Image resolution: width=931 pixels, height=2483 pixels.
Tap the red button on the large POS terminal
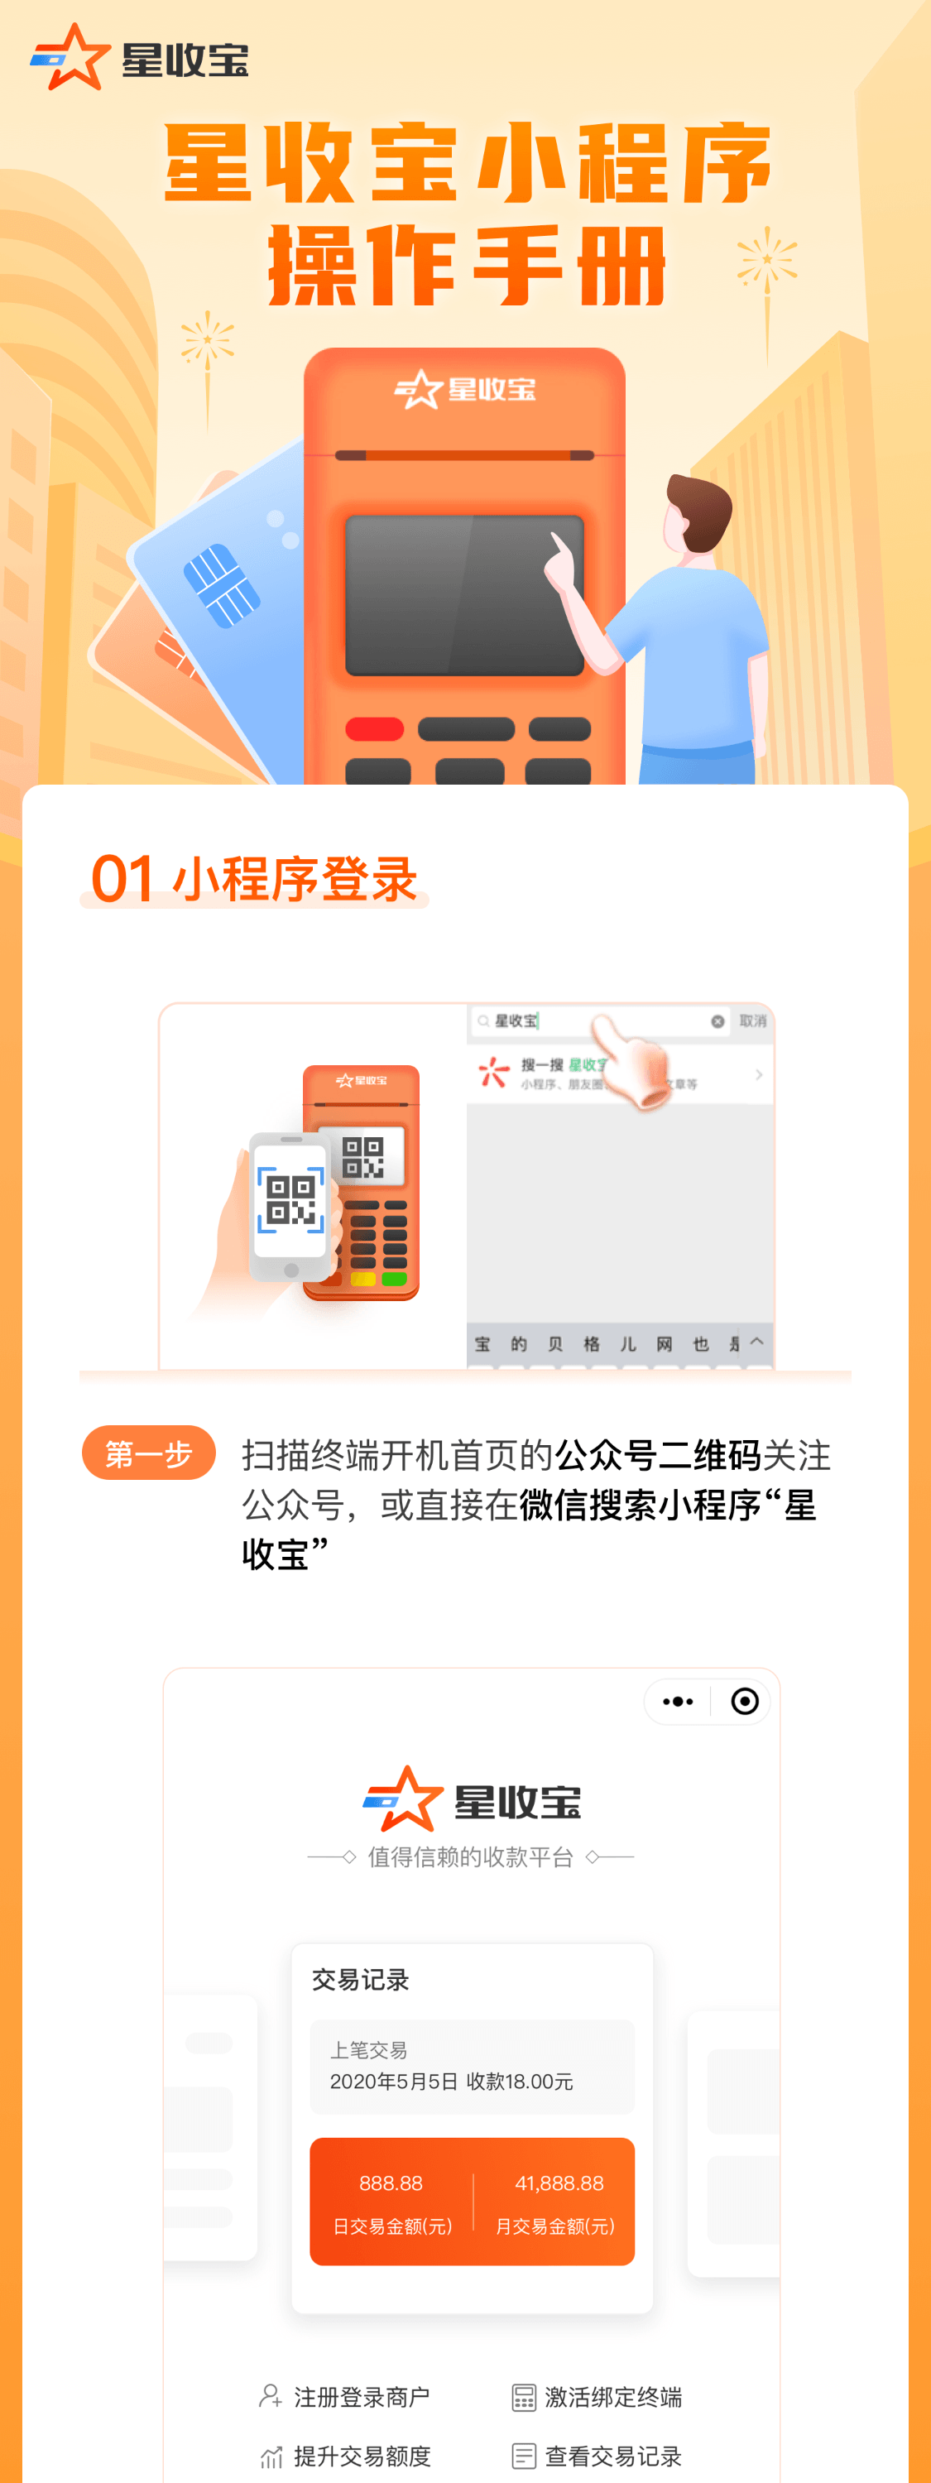(374, 728)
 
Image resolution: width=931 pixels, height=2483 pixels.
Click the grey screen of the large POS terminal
(464, 595)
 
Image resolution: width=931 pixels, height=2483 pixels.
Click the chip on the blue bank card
(222, 585)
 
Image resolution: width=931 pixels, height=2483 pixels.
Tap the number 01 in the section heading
(122, 879)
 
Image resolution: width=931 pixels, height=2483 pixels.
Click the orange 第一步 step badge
(148, 1453)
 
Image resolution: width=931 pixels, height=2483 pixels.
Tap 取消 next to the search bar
(753, 1021)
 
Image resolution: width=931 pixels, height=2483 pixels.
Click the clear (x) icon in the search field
(717, 1021)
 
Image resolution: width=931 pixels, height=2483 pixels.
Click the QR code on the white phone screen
(290, 1199)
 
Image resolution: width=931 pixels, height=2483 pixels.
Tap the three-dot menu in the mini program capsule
(678, 1702)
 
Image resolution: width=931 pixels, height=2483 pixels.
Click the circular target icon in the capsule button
(744, 1702)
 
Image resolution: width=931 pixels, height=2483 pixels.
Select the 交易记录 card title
(361, 1980)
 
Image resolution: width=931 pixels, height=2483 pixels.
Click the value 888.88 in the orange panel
(391, 2183)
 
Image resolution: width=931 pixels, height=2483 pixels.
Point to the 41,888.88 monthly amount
(559, 2183)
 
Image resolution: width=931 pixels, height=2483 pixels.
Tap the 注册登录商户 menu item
(362, 2397)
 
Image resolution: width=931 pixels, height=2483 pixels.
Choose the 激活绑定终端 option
(613, 2397)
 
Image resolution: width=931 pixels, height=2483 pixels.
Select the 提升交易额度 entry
(362, 2456)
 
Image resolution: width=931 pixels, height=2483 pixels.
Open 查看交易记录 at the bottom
(613, 2456)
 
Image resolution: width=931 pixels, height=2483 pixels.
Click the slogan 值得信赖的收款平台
(470, 1856)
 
